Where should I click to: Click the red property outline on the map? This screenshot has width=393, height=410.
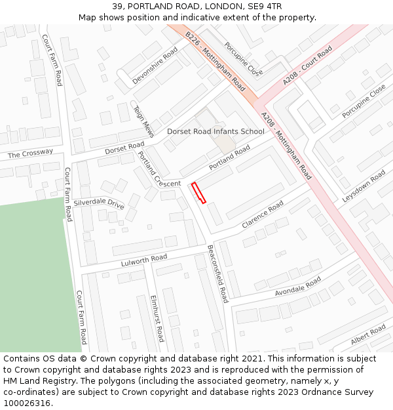[198, 193]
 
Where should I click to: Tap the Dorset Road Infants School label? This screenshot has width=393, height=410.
[215, 132]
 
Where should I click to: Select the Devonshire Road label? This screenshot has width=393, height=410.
[155, 65]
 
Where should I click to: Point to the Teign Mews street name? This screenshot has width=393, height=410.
[143, 121]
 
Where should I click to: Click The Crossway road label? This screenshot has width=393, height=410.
[30, 154]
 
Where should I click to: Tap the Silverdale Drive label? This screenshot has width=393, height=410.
[99, 203]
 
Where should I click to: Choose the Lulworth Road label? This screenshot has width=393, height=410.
[144, 260]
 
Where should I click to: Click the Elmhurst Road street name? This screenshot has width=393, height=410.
[157, 319]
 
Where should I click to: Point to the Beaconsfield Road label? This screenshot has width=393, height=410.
[217, 274]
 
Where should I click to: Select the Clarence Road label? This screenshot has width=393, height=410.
[263, 215]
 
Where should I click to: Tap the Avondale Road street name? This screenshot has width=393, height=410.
[298, 285]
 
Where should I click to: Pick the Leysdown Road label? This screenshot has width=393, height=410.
[364, 186]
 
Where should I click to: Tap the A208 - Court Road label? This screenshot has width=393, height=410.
[308, 65]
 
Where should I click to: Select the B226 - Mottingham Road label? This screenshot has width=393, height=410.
[215, 61]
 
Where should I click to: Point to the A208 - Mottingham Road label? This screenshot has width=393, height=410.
[286, 146]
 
